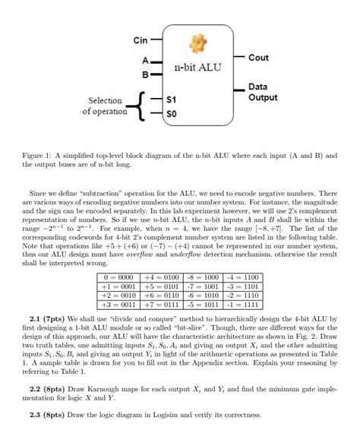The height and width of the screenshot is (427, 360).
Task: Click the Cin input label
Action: click(x=140, y=40)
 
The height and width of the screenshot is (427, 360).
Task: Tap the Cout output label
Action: click(x=258, y=58)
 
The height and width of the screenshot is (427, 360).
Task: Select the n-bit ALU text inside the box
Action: click(x=197, y=68)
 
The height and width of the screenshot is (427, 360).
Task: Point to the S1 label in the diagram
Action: click(x=171, y=100)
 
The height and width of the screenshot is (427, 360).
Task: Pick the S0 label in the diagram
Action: click(x=171, y=113)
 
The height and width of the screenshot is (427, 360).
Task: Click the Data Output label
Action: click(x=263, y=93)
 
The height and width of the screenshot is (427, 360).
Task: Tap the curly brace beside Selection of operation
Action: click(x=136, y=106)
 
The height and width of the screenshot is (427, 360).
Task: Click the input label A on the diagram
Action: click(x=144, y=60)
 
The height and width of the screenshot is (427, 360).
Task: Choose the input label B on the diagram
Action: click(x=144, y=74)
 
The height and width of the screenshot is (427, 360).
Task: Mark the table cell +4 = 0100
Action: click(x=161, y=278)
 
